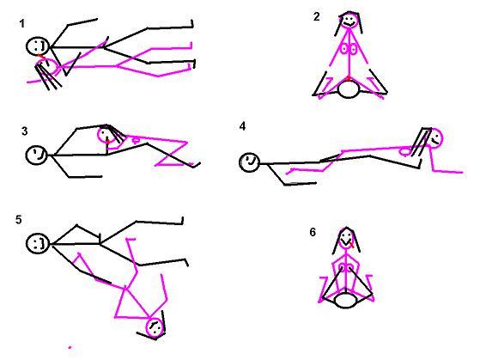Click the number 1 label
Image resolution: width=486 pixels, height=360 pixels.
click(21, 23)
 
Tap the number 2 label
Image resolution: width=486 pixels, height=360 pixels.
click(316, 16)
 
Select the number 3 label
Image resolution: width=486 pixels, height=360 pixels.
click(25, 131)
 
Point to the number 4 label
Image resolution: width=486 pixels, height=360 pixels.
click(242, 126)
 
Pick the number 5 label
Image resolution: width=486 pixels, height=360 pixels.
click(19, 220)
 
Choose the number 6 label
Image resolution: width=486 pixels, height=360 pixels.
click(313, 232)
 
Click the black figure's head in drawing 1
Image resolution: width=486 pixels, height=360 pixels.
click(38, 46)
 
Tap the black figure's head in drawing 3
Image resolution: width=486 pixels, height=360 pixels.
click(37, 156)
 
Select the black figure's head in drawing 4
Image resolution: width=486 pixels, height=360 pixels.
click(249, 162)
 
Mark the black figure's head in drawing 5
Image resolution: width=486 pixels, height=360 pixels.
click(38, 243)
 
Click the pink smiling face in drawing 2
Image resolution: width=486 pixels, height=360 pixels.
click(349, 21)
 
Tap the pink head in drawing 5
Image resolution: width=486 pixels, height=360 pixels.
click(155, 327)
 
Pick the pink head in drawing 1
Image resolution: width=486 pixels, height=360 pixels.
click(47, 67)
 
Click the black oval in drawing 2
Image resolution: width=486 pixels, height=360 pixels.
click(349, 89)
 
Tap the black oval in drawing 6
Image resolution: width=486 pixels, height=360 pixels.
click(345, 301)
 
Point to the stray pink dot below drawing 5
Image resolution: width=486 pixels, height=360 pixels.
click(70, 348)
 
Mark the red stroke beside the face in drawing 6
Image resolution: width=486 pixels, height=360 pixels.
click(351, 246)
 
